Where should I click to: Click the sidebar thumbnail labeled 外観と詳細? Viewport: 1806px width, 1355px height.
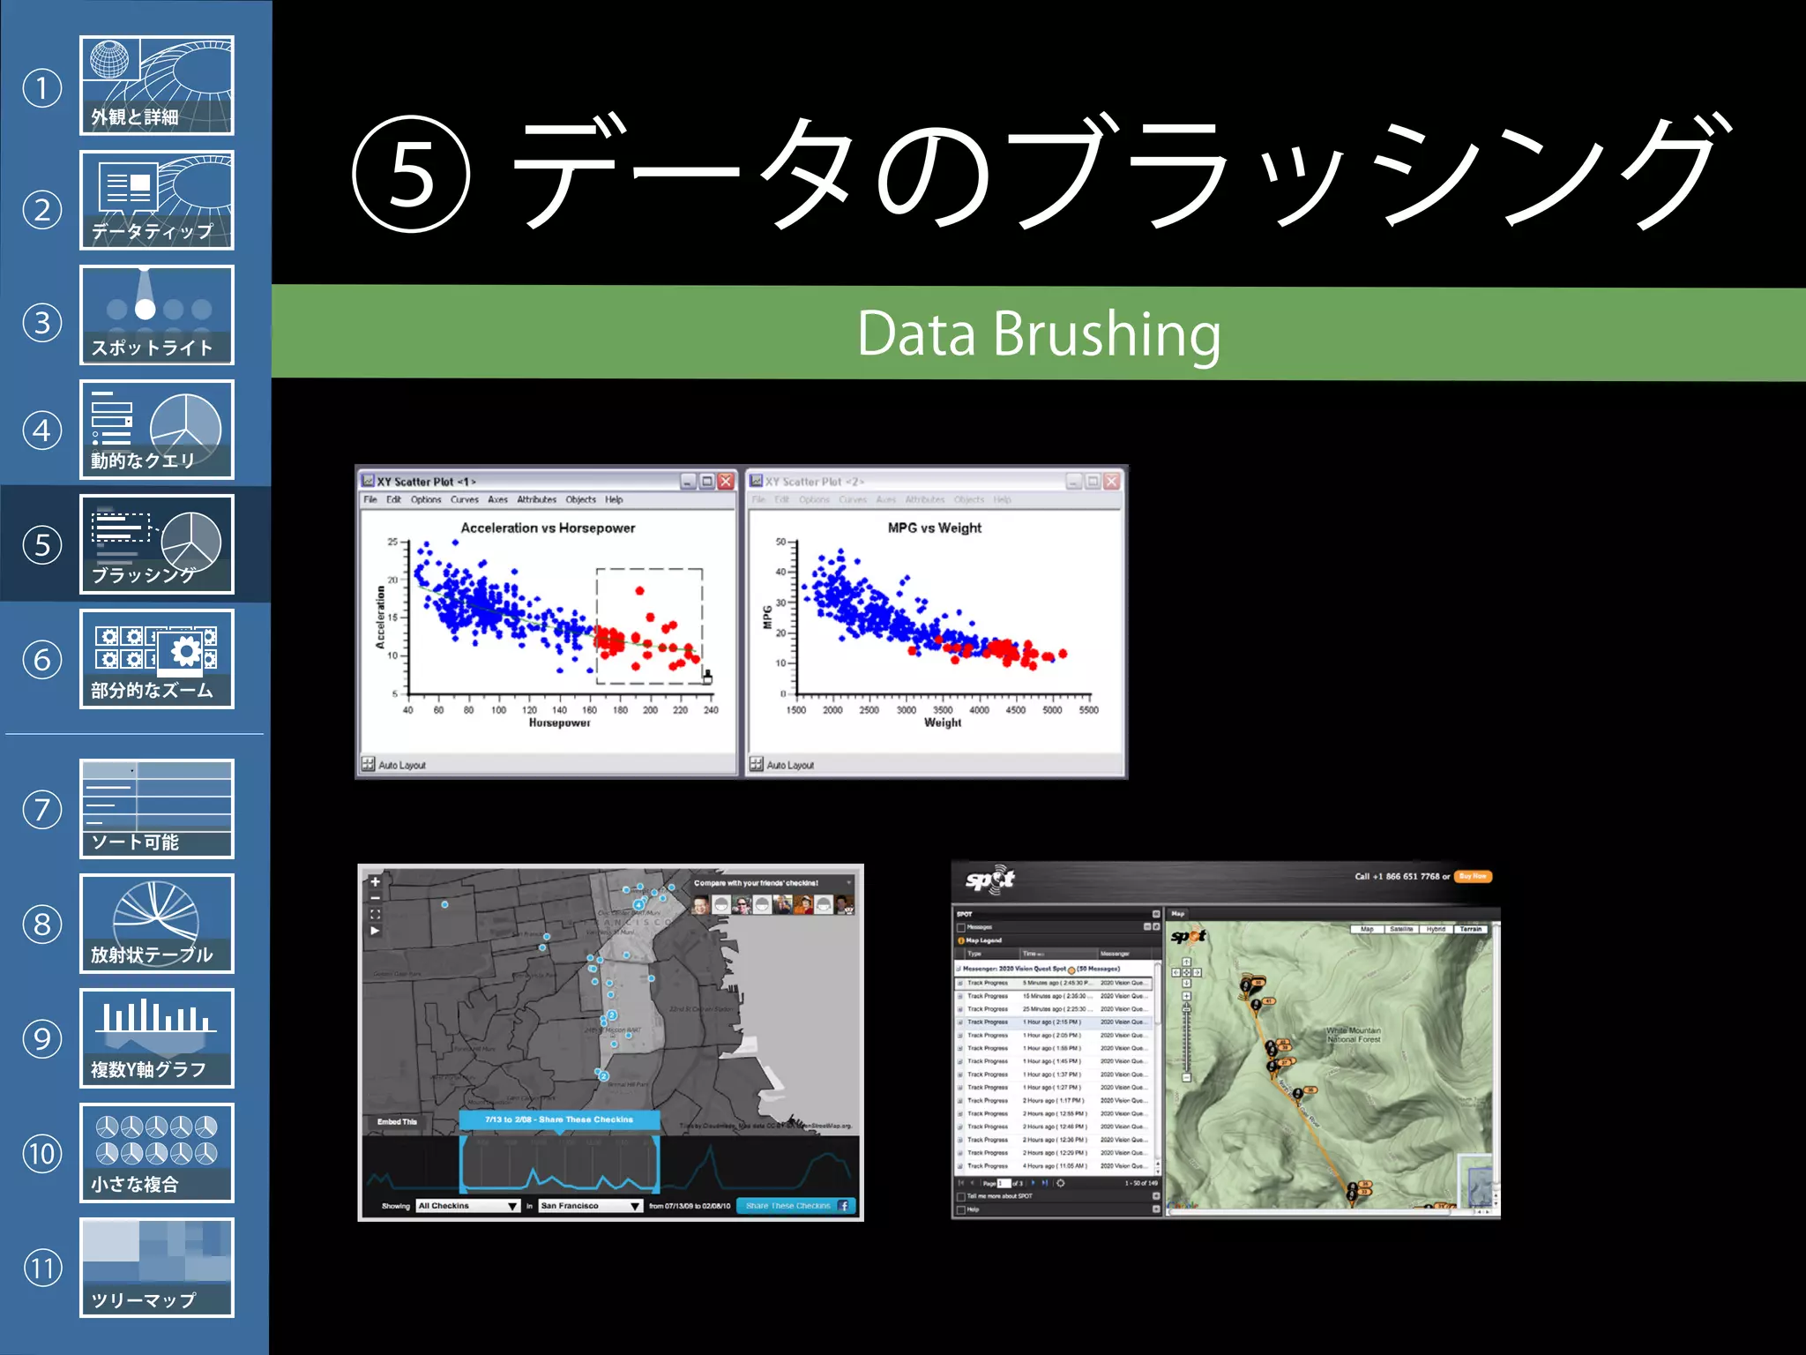156,86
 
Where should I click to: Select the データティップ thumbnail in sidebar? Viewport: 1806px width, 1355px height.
156,200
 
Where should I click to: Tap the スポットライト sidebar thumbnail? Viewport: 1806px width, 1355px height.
156,315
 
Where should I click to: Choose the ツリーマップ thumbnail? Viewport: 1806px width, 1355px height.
156,1268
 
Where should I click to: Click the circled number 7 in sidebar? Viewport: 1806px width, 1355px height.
42,810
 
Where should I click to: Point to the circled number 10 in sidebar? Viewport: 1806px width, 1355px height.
42,1154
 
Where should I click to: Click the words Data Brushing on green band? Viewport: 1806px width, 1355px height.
1038,333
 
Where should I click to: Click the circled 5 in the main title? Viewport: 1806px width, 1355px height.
411,174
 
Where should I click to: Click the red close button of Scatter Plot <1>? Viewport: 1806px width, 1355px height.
726,481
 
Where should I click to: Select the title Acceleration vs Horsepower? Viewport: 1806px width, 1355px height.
548,528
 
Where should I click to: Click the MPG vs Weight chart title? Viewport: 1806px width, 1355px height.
934,528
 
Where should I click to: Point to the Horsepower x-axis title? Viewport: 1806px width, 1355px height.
559,722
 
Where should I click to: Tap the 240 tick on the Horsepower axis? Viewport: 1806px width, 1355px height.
711,709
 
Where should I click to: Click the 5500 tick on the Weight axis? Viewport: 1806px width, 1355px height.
1088,709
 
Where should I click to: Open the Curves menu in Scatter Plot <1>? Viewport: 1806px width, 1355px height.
464,499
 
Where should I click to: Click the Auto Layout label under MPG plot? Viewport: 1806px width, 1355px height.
789,765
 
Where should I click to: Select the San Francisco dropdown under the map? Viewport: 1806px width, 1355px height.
589,1205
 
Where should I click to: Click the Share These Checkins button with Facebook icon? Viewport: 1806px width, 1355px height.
795,1205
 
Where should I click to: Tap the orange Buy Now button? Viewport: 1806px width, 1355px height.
1472,876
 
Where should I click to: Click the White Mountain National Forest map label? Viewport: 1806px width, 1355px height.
1354,1035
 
